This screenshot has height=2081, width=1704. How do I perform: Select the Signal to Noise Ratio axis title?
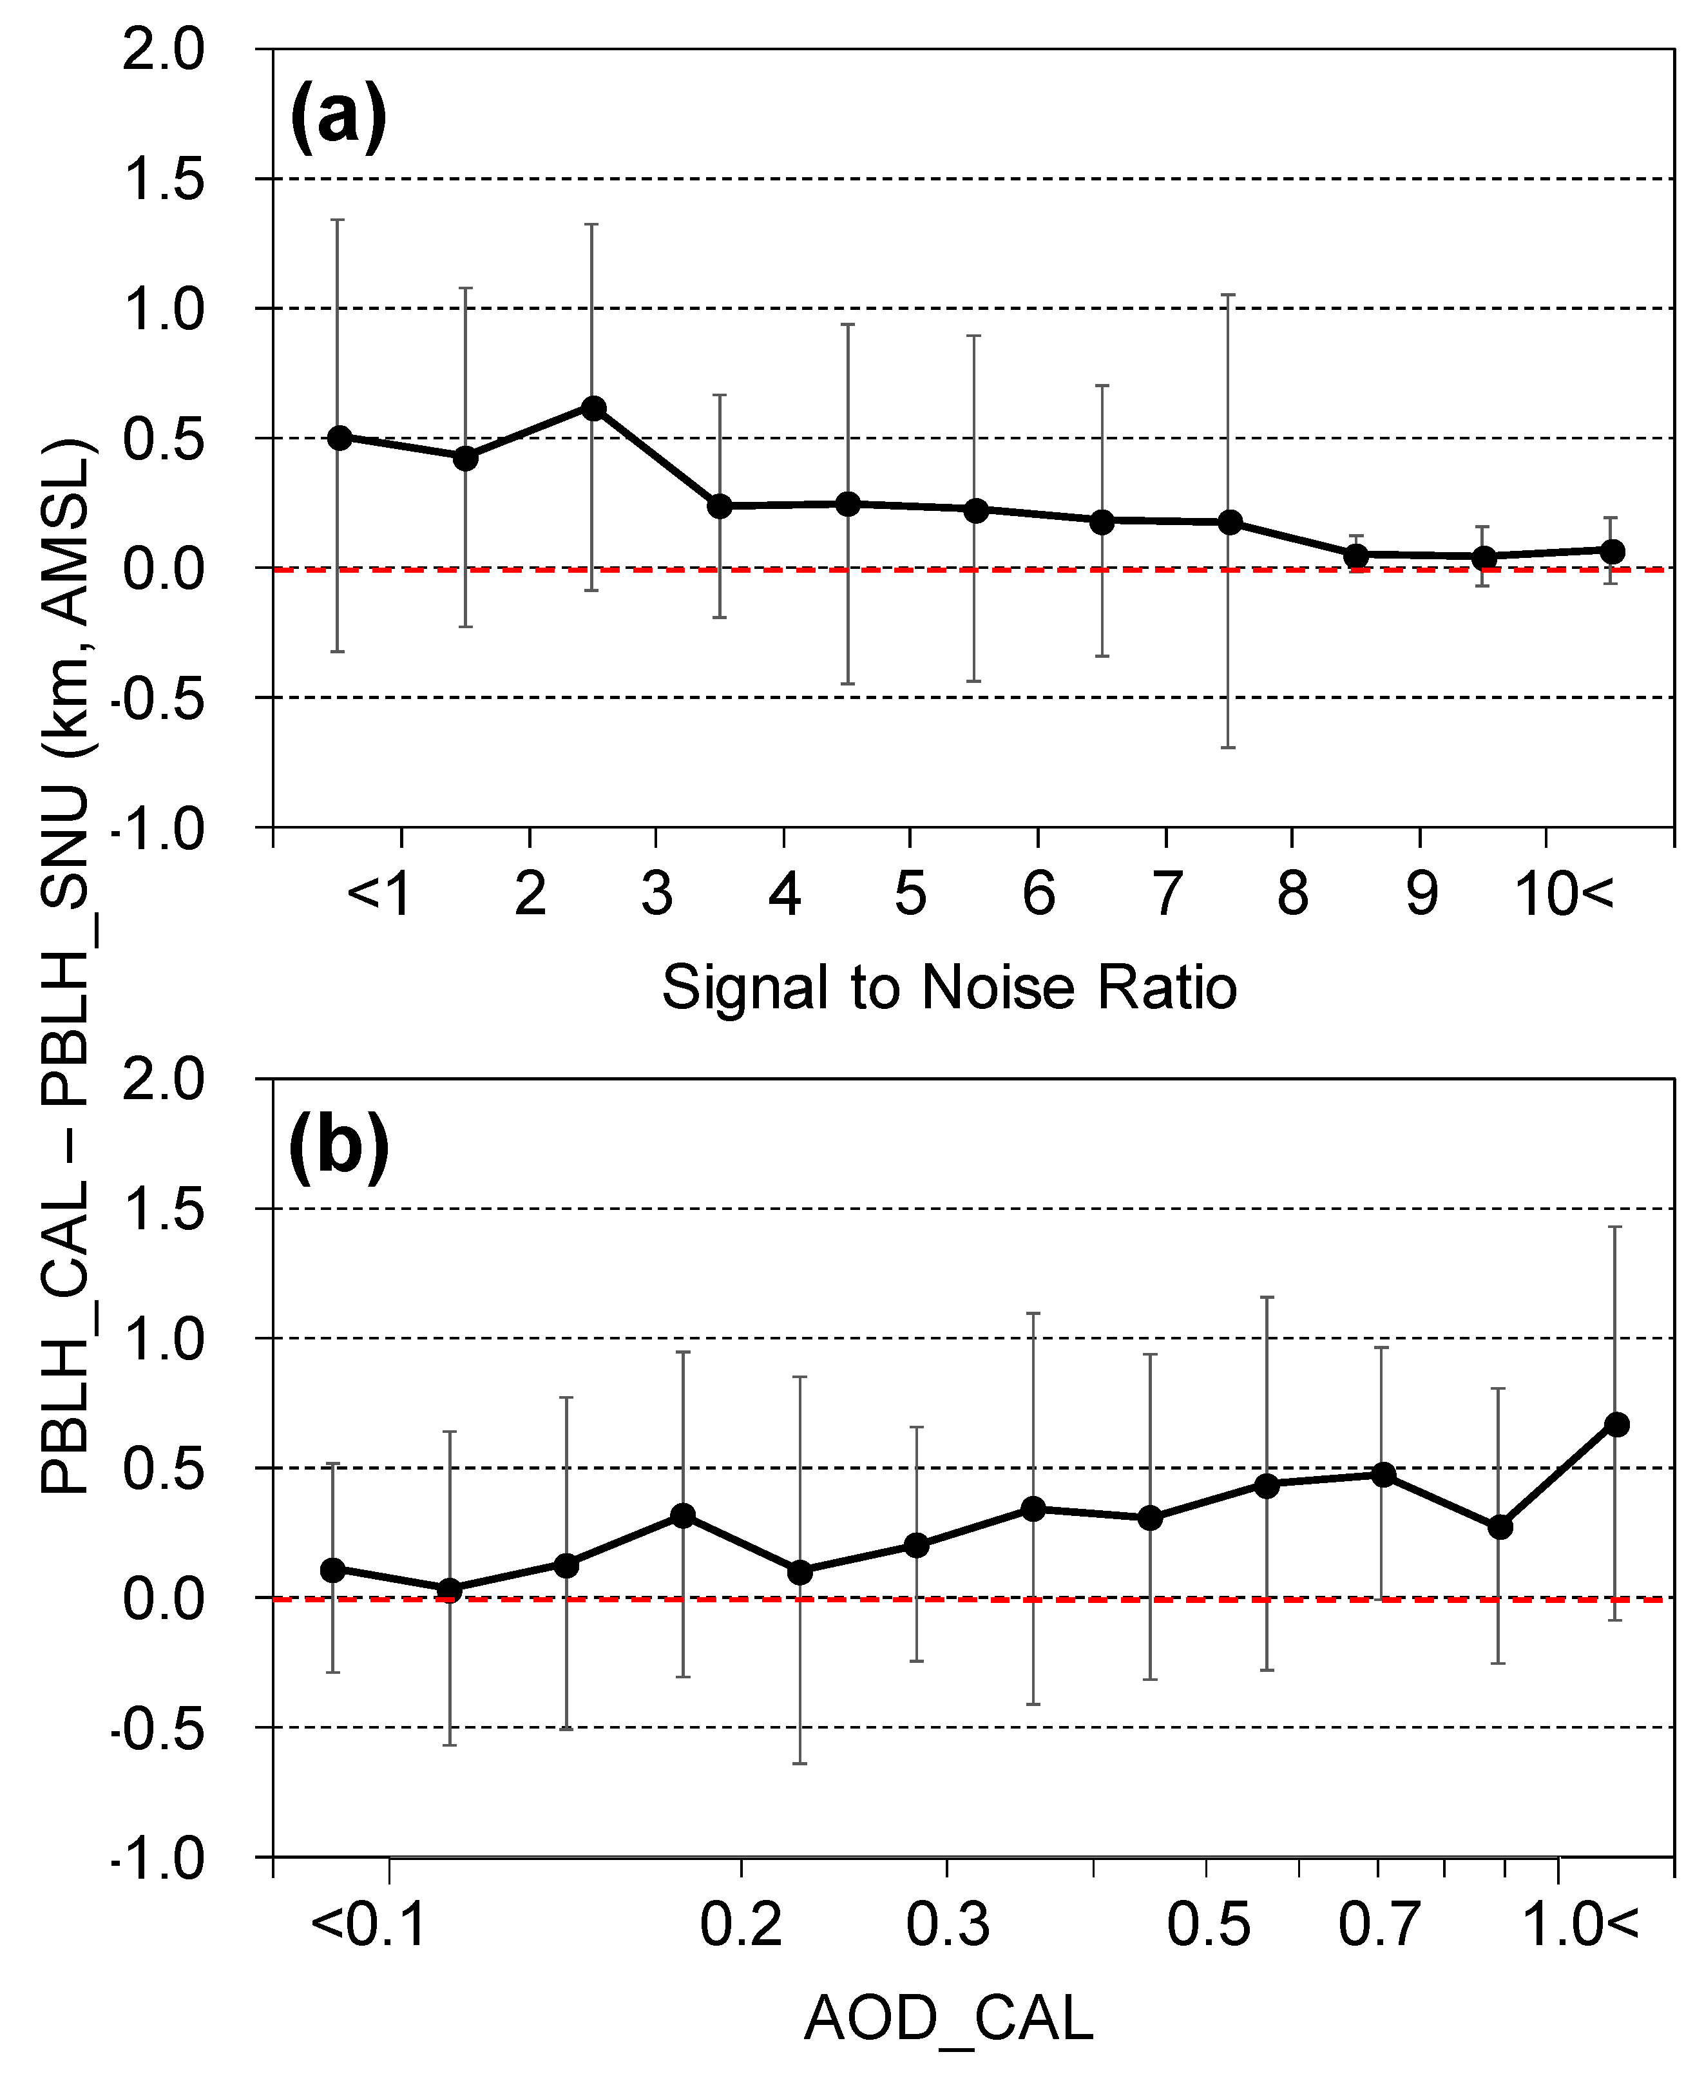(x=948, y=988)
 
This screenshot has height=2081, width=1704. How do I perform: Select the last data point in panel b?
(x=1616, y=1424)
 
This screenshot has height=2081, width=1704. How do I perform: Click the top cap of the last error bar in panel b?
(x=1614, y=1227)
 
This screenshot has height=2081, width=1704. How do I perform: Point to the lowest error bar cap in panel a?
(x=1228, y=748)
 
